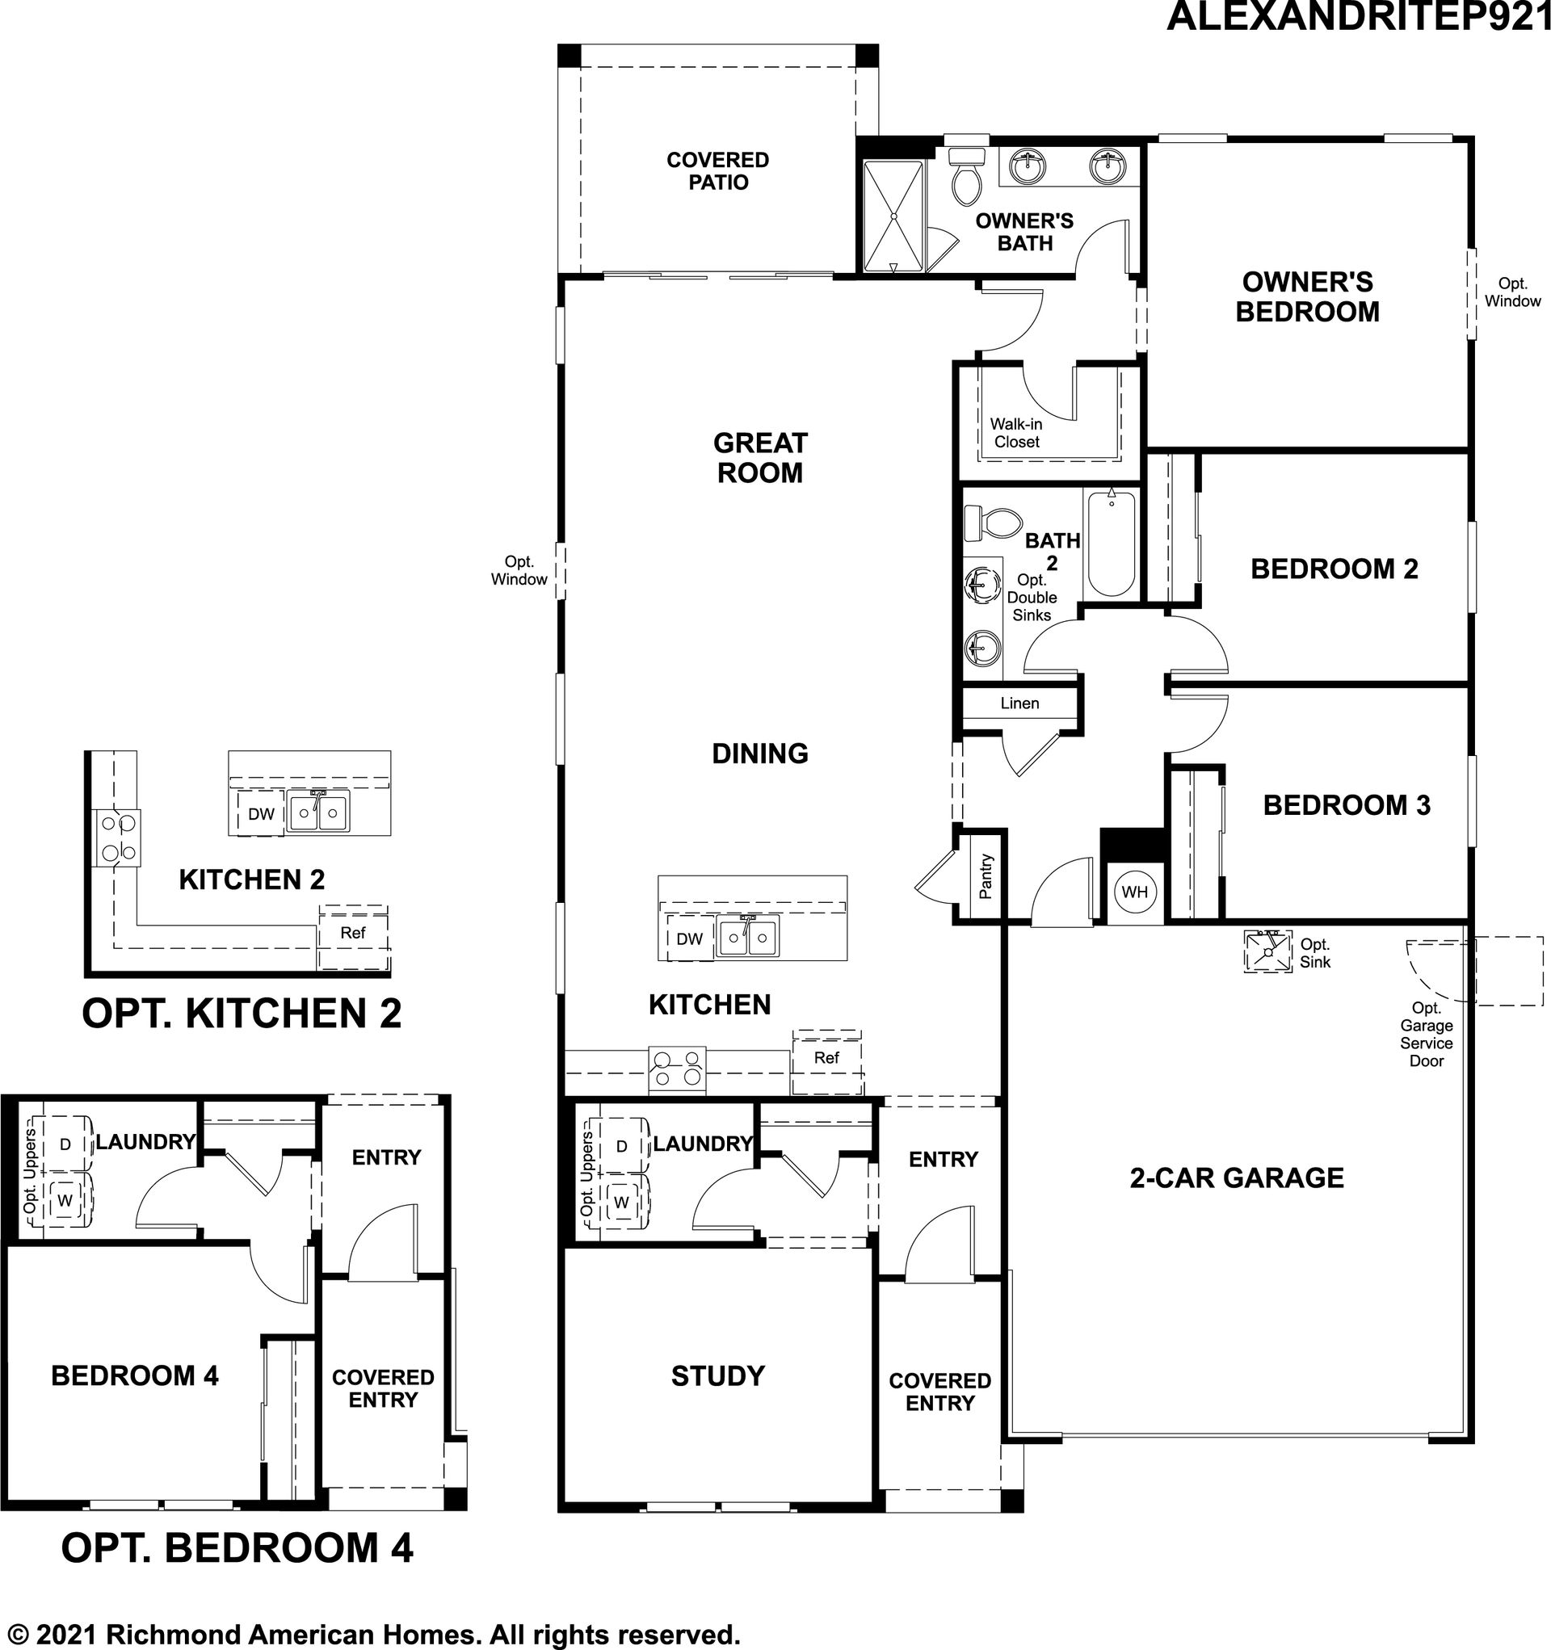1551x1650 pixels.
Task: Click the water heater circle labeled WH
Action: [x=1134, y=892]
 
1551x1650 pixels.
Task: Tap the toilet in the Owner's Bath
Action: [x=965, y=177]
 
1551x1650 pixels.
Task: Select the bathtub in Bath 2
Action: [x=1110, y=543]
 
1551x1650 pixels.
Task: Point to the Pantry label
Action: [x=986, y=876]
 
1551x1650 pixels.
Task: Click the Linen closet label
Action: [x=1019, y=703]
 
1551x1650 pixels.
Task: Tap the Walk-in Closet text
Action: [x=1016, y=433]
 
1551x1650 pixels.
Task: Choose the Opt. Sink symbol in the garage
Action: [x=1269, y=951]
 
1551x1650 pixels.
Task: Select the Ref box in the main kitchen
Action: [x=827, y=1061]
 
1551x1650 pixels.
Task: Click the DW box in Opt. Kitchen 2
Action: [x=261, y=813]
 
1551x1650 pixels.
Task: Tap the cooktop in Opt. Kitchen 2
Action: [x=117, y=838]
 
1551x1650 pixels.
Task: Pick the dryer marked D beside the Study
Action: [x=621, y=1146]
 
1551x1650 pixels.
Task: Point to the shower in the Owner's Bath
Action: [x=893, y=216]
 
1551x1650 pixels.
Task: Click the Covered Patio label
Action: [x=718, y=171]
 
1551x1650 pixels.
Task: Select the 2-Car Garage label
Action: [x=1236, y=1177]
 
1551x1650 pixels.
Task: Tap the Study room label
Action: [x=718, y=1375]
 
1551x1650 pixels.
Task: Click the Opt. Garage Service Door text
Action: [x=1427, y=1034]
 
